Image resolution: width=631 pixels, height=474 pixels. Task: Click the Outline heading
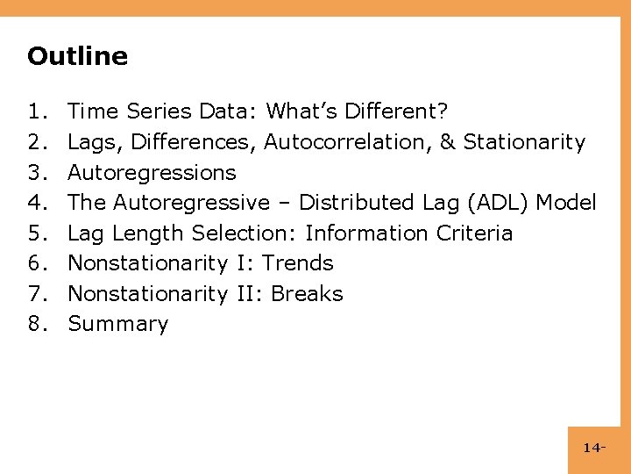[x=77, y=56]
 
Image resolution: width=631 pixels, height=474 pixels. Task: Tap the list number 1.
[x=36, y=111]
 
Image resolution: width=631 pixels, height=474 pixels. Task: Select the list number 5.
[x=36, y=233]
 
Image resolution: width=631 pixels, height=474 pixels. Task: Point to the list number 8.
[x=36, y=324]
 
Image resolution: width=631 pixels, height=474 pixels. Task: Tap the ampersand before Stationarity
[x=450, y=141]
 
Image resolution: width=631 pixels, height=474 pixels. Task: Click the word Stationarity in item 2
[x=524, y=142]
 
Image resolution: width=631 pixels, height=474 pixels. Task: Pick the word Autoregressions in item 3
[x=152, y=172]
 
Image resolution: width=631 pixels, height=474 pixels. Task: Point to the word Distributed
[x=358, y=203]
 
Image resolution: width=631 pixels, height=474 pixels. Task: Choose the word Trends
[x=298, y=262]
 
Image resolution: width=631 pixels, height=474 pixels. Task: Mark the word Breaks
[x=307, y=293]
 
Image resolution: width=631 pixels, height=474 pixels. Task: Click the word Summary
[x=117, y=324]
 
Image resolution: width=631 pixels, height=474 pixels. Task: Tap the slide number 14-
[x=593, y=449]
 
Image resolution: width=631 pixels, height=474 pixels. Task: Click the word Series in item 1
[x=160, y=111]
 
